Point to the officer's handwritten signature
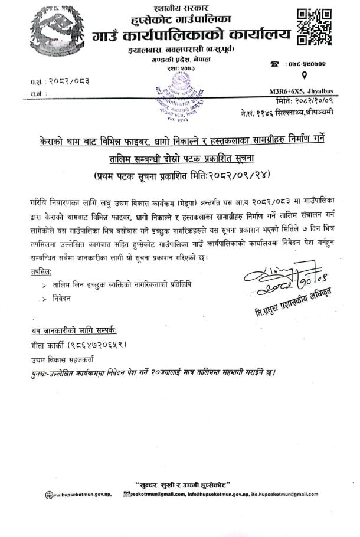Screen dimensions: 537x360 pos(283,277)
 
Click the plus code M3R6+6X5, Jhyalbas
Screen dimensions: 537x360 pos(306,91)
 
